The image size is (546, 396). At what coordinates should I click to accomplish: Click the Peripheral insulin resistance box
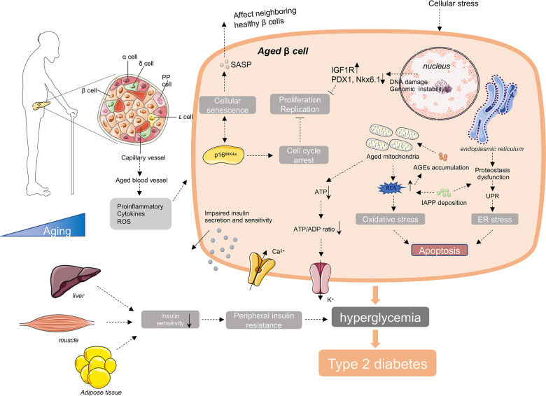(261, 319)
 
